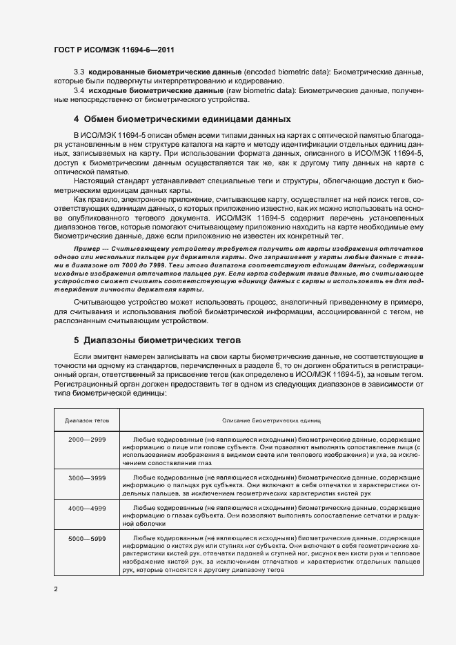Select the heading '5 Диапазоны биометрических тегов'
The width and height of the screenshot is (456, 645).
click(157, 340)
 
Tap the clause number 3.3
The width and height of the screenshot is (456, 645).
click(79, 72)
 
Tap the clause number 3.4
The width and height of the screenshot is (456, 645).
click(79, 90)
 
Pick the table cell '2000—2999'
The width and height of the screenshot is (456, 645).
click(88, 438)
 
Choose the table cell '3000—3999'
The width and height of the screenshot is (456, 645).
click(88, 477)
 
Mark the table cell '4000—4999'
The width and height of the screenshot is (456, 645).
click(88, 507)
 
